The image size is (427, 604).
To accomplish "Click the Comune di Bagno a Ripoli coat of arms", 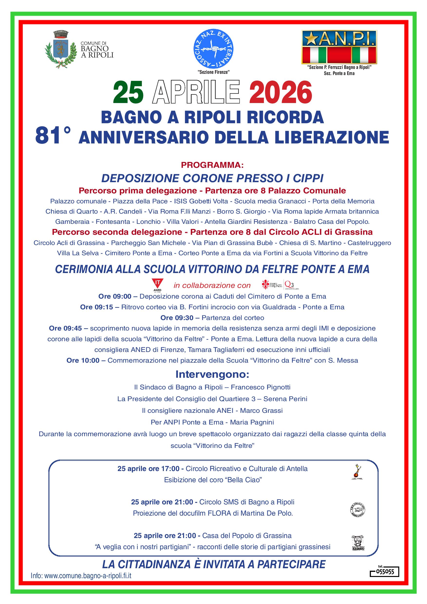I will point(61,49).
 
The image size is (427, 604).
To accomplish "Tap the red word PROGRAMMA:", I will point(213,165).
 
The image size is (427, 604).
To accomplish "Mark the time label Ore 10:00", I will point(83,360).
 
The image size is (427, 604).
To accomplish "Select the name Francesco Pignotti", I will point(260,387).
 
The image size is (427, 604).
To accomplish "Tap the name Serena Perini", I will point(285,399).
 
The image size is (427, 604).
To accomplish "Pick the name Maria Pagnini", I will point(252,422).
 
